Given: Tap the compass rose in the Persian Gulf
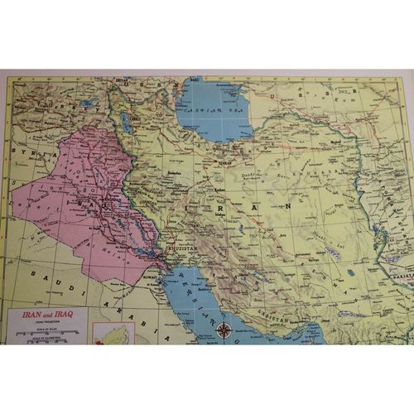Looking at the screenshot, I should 224,330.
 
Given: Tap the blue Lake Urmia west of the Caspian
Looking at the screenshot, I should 125,123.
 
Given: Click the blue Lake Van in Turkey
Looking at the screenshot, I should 86,104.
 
